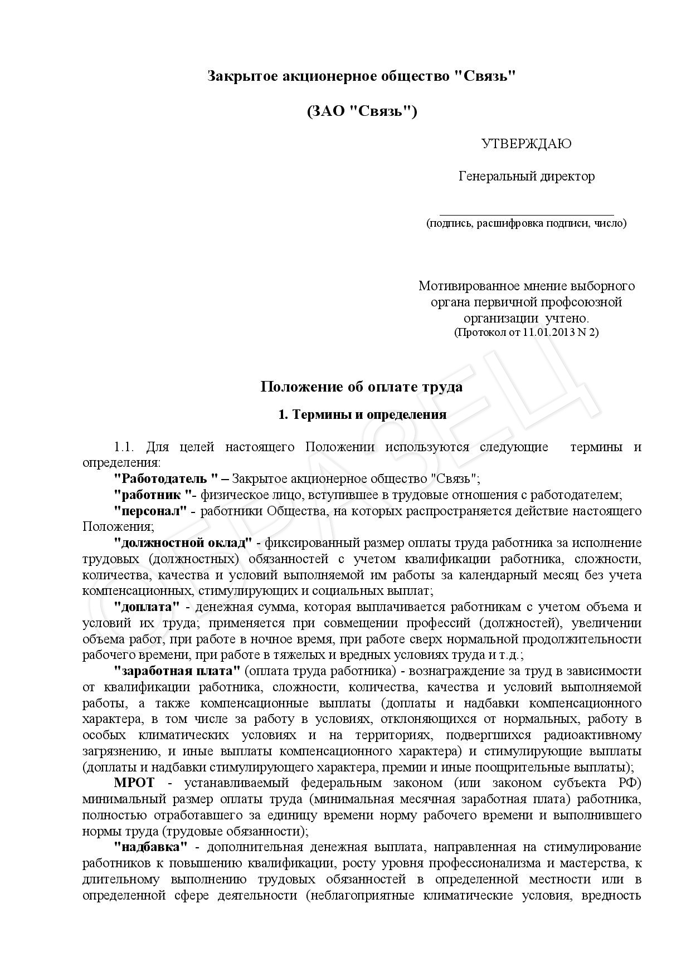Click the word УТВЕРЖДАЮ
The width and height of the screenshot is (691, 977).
(x=526, y=144)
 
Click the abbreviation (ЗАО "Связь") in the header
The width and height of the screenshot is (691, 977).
(x=362, y=111)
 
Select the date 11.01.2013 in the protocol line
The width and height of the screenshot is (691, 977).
(x=549, y=333)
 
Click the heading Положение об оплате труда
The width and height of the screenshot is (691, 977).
(x=362, y=386)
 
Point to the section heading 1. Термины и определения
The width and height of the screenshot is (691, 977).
(x=362, y=414)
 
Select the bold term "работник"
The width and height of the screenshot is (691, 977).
(x=152, y=495)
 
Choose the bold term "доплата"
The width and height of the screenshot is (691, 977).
(x=147, y=607)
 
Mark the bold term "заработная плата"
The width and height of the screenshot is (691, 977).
(x=177, y=671)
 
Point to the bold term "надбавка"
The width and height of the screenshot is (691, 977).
(x=150, y=847)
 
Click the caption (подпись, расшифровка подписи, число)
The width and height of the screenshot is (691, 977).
(x=526, y=223)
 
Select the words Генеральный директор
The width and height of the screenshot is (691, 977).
(x=526, y=177)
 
